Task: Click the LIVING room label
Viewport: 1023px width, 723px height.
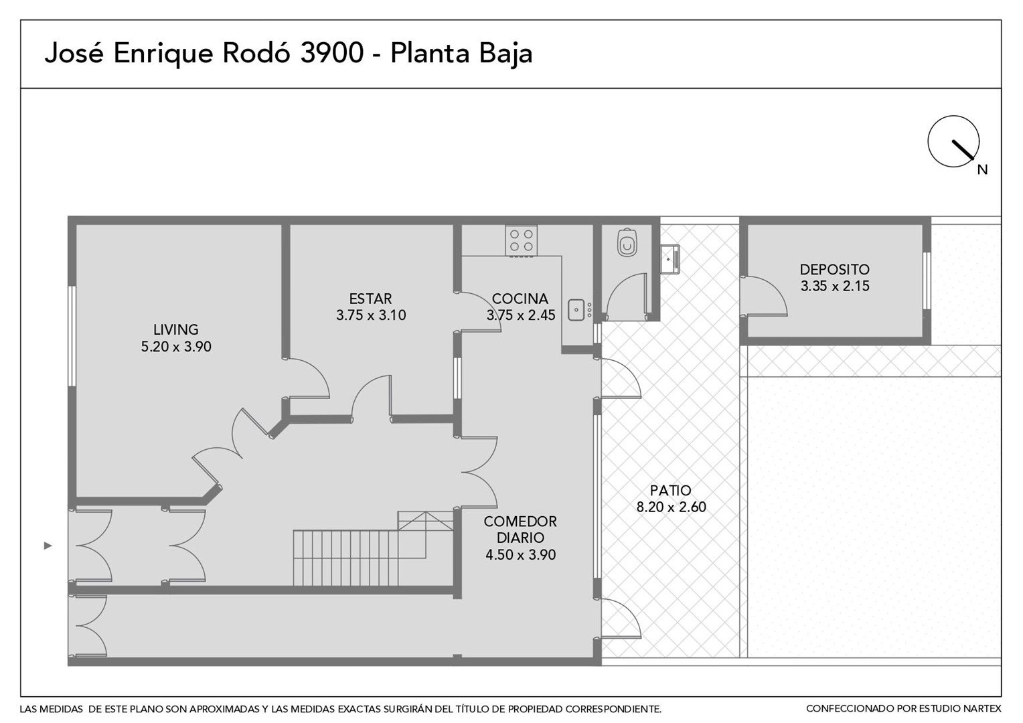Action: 176,329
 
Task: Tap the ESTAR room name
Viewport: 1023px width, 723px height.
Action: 370,299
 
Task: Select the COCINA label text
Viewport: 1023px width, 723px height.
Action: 520,299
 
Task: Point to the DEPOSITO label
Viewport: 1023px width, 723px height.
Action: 834,270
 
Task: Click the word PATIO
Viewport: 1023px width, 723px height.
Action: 670,491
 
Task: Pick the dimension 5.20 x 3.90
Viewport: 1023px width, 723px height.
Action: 176,347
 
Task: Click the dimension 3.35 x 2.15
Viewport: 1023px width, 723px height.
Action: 835,287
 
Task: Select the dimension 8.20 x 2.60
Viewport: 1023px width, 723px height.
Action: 672,507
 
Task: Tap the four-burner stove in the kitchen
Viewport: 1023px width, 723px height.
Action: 521,240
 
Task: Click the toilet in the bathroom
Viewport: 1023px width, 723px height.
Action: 627,242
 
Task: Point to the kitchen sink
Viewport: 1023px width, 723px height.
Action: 576,310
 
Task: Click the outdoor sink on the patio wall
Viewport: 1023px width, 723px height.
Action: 670,259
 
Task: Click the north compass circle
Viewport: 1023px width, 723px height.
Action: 953,141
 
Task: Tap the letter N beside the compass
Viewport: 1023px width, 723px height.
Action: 982,170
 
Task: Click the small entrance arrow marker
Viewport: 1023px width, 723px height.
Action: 48,546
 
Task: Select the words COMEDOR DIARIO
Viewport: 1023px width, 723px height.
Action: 520,530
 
